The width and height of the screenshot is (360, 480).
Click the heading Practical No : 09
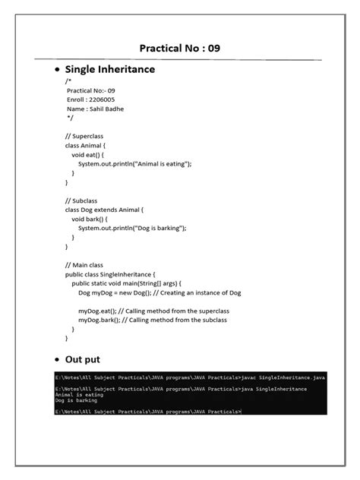[x=180, y=49]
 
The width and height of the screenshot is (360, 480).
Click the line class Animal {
[x=86, y=145]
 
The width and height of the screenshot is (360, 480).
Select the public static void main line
[x=126, y=283]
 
